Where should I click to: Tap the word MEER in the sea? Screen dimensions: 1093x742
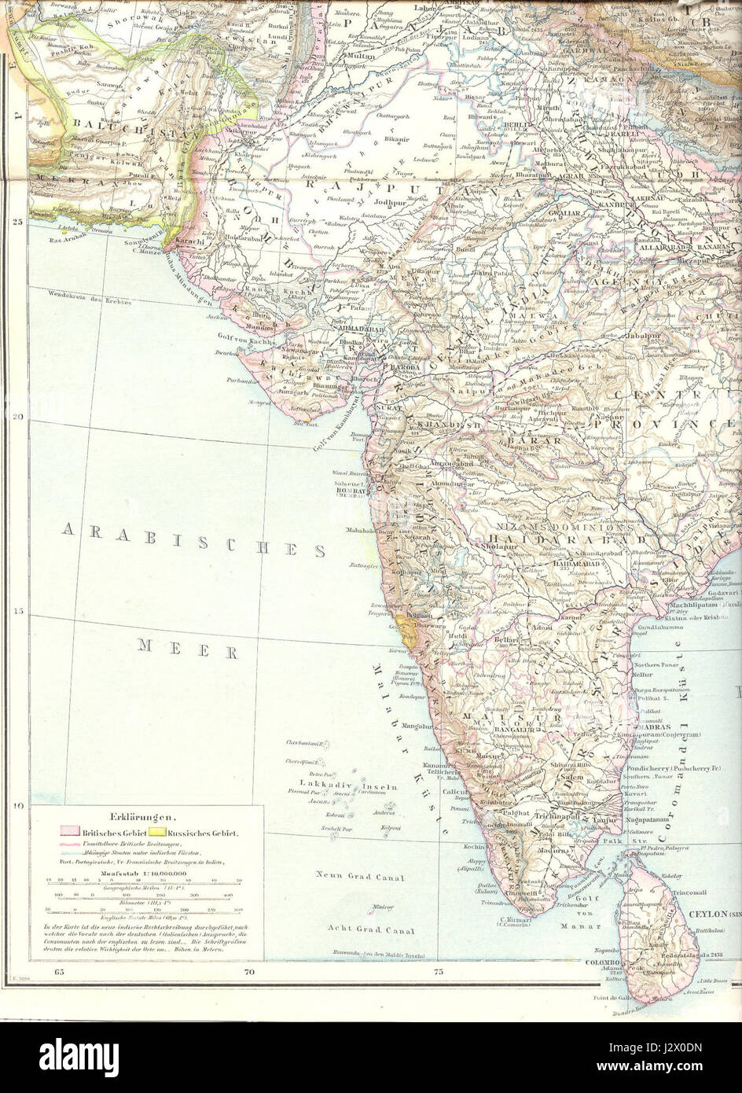pyautogui.click(x=188, y=650)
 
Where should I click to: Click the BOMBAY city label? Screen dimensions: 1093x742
pyautogui.click(x=351, y=490)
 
